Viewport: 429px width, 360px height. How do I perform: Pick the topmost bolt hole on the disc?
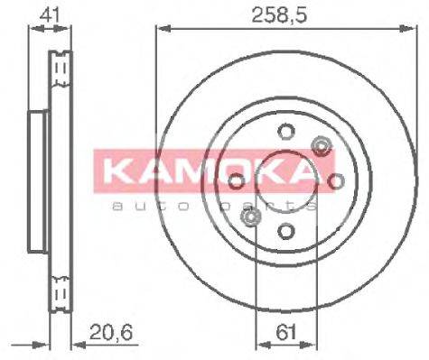tap(284, 129)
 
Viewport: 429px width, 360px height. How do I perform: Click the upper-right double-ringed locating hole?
tap(320, 145)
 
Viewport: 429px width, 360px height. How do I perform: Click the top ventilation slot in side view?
tap(61, 69)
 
